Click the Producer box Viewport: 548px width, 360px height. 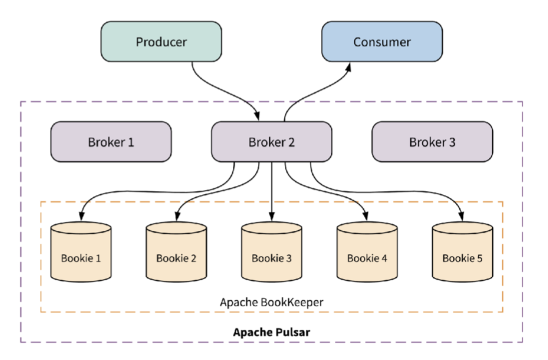(160, 42)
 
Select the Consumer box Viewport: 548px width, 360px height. (382, 42)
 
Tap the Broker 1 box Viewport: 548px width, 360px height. (111, 142)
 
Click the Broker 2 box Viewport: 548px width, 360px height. (271, 142)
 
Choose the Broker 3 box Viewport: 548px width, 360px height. (432, 142)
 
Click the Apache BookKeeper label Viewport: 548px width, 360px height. (272, 302)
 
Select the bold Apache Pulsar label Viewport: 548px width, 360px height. (272, 332)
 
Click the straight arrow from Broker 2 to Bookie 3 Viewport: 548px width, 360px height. (272, 191)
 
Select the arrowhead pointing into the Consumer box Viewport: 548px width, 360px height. (349, 67)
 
